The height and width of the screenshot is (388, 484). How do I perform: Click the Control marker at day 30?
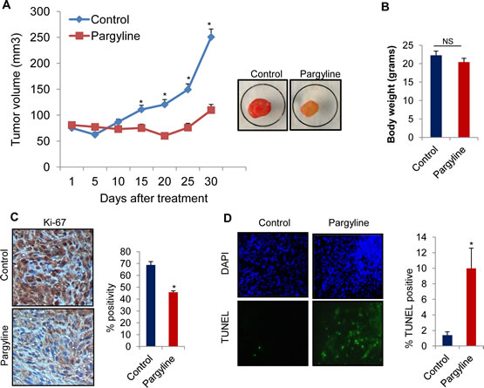pyautogui.click(x=211, y=37)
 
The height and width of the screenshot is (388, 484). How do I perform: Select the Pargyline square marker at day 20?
pyautogui.click(x=165, y=136)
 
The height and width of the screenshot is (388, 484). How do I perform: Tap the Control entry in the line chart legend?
pyautogui.click(x=99, y=19)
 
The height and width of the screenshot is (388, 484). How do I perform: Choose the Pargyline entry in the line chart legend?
pyautogui.click(x=105, y=36)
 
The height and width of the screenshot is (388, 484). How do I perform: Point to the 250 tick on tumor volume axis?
pyautogui.click(x=40, y=37)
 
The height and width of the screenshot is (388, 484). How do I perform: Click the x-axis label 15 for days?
pyautogui.click(x=141, y=181)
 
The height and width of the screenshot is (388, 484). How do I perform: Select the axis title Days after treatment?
pyautogui.click(x=153, y=198)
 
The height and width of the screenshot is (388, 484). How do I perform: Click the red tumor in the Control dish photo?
pyautogui.click(x=260, y=108)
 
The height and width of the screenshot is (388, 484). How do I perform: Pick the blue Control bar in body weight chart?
pyautogui.click(x=436, y=96)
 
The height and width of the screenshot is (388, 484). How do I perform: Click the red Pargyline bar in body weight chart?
pyautogui.click(x=464, y=99)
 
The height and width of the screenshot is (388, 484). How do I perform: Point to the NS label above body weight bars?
pyautogui.click(x=448, y=41)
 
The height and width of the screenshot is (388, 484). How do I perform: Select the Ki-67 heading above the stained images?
pyautogui.click(x=54, y=222)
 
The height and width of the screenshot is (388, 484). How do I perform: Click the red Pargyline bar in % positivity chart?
pyautogui.click(x=174, y=319)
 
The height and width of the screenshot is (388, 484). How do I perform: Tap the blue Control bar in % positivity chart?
pyautogui.click(x=151, y=305)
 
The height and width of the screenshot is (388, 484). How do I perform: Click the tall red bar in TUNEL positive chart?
pyautogui.click(x=471, y=307)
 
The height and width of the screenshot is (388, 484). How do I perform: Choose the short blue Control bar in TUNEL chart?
pyautogui.click(x=447, y=340)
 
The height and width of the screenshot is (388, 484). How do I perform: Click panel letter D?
pyautogui.click(x=228, y=219)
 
